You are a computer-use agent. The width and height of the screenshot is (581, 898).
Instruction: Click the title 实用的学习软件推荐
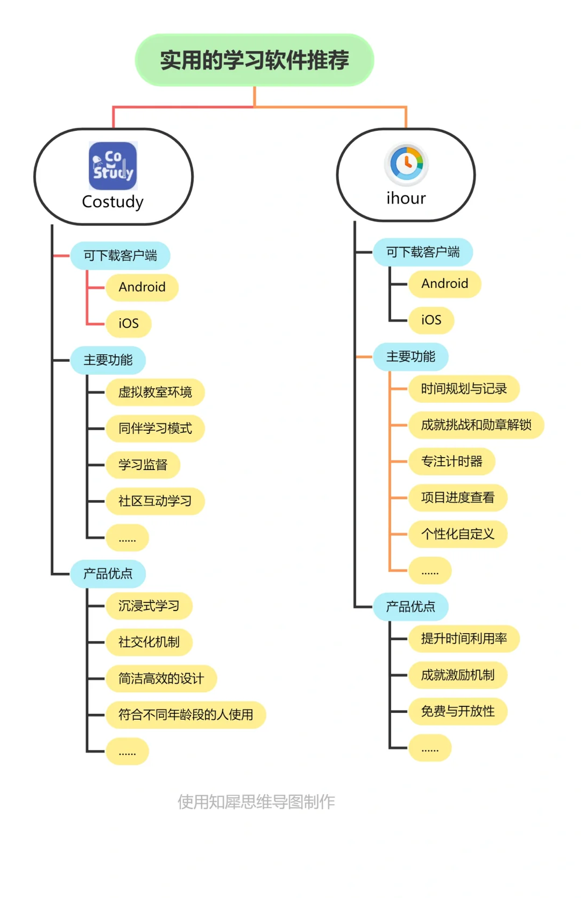[x=254, y=60]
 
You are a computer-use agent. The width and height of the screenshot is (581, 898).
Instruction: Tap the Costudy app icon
[x=113, y=166]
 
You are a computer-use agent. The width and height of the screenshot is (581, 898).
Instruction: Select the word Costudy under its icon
[x=113, y=202]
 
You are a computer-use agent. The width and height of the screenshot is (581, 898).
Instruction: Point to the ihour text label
[x=406, y=198]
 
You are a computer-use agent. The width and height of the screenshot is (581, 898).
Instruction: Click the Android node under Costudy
[x=142, y=287]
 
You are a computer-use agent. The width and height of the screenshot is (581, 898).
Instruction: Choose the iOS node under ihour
[x=431, y=320]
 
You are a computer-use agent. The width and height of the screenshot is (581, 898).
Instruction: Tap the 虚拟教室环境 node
[x=155, y=392]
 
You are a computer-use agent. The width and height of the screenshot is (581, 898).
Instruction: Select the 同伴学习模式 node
[x=155, y=429]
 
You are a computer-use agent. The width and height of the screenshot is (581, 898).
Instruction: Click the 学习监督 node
[x=143, y=465]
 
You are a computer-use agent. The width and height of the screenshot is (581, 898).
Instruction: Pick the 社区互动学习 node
[x=155, y=501]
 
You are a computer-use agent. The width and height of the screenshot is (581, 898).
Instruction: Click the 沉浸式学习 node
[x=148, y=606]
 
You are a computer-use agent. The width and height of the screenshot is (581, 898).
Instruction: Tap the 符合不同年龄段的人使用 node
[x=186, y=715]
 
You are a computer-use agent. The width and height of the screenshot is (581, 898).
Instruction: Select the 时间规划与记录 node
[x=464, y=389]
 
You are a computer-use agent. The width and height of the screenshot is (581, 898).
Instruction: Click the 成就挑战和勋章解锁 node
[x=476, y=425]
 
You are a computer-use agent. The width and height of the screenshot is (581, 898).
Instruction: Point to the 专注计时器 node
[x=451, y=461]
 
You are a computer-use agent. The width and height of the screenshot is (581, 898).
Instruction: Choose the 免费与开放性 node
[x=458, y=711]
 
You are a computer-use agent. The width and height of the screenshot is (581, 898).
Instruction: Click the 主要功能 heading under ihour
[x=410, y=356]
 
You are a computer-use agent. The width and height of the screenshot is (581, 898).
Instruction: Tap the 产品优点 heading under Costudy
[x=108, y=573]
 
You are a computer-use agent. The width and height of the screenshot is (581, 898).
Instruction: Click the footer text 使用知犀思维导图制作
[x=256, y=802]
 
